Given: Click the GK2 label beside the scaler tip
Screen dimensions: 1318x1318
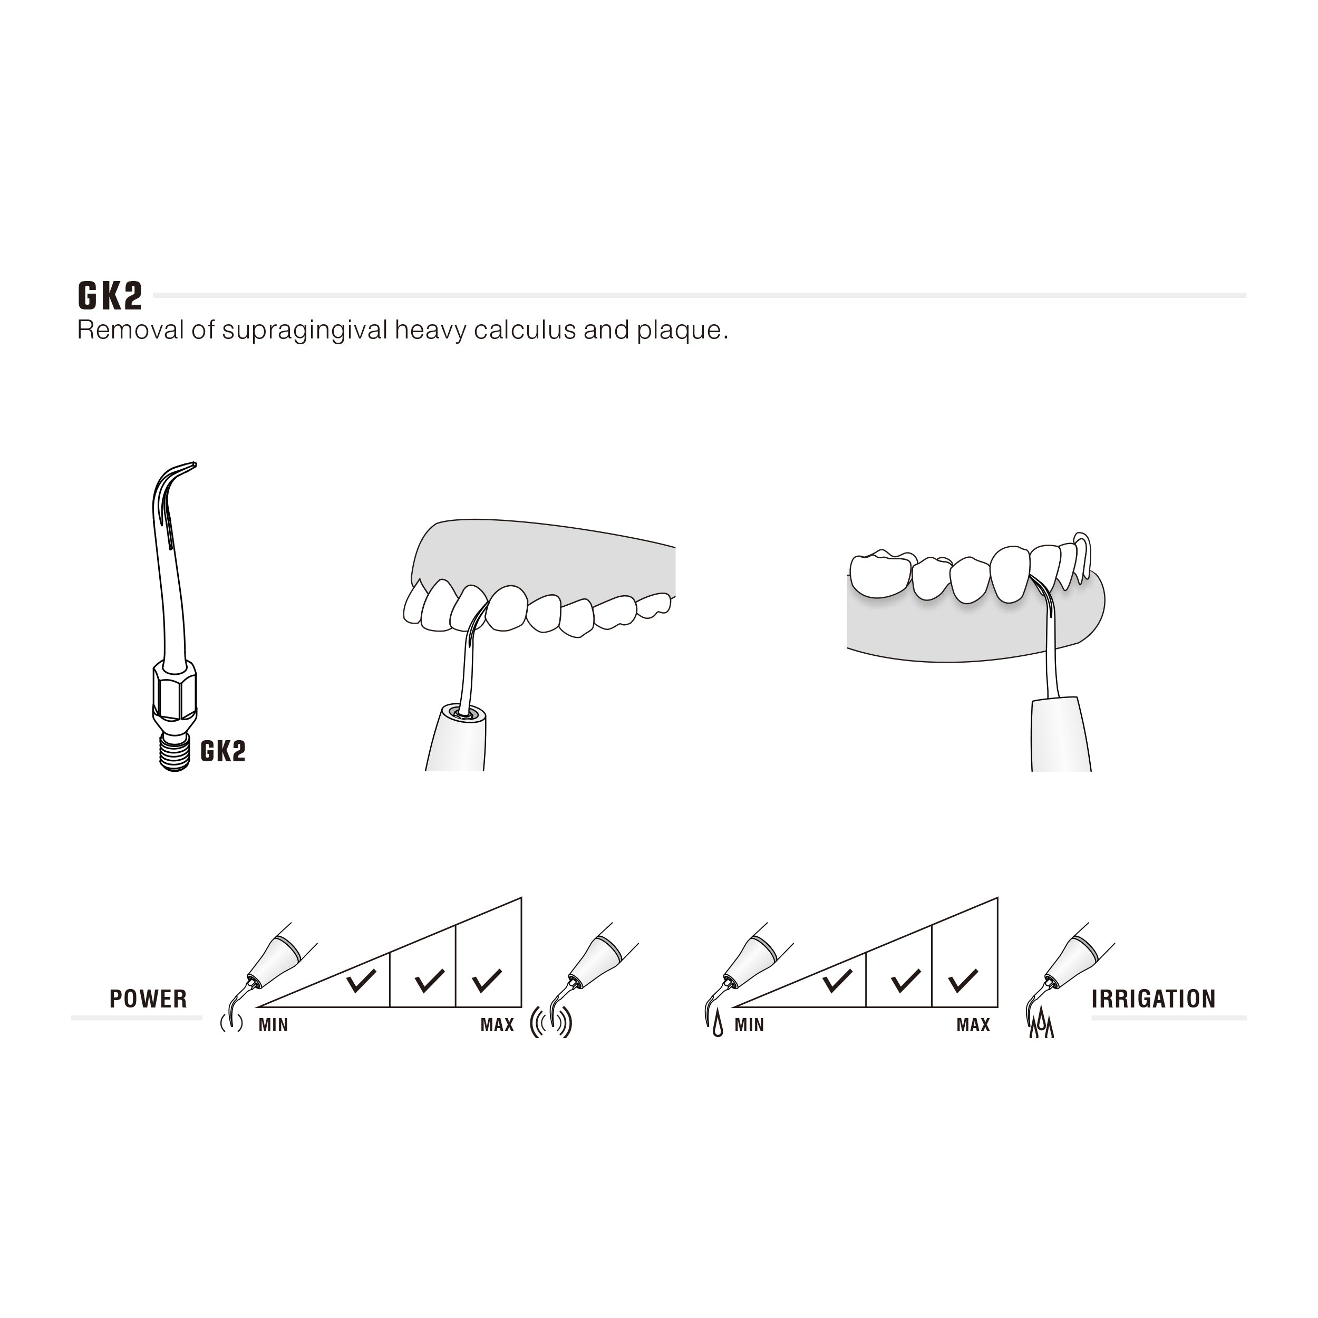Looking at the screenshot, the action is pyautogui.click(x=222, y=751).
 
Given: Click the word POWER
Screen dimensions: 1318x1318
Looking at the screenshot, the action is pyautogui.click(x=148, y=999).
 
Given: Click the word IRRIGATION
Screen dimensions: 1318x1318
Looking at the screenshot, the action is pyautogui.click(x=1154, y=999).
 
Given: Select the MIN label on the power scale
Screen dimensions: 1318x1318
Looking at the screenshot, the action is pyautogui.click(x=273, y=1025).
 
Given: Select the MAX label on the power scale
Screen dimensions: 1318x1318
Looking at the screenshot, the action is pyautogui.click(x=497, y=1025).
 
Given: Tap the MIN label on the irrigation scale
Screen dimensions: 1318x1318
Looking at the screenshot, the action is pyautogui.click(x=749, y=1025).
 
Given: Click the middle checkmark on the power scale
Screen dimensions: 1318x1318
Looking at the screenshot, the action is pyautogui.click(x=430, y=980).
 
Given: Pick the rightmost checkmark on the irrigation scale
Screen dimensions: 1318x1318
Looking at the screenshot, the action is pyautogui.click(x=963, y=980).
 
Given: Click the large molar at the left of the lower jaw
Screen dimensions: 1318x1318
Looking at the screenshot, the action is pyautogui.click(x=881, y=575).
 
